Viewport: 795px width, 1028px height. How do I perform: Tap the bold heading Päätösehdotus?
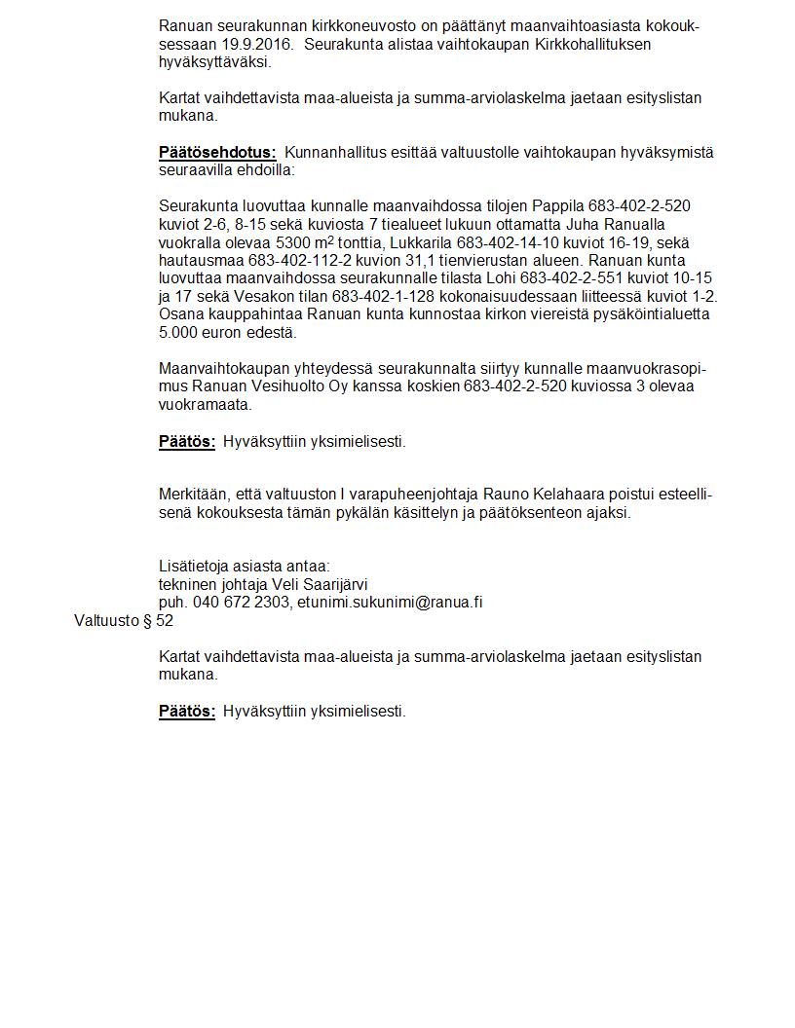pyautogui.click(x=217, y=152)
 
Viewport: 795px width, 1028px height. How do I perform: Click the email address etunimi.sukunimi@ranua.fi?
pyautogui.click(x=390, y=603)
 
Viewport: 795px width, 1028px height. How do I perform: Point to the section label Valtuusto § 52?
pyautogui.click(x=124, y=620)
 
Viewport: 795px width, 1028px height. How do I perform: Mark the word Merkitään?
pyautogui.click(x=193, y=495)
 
